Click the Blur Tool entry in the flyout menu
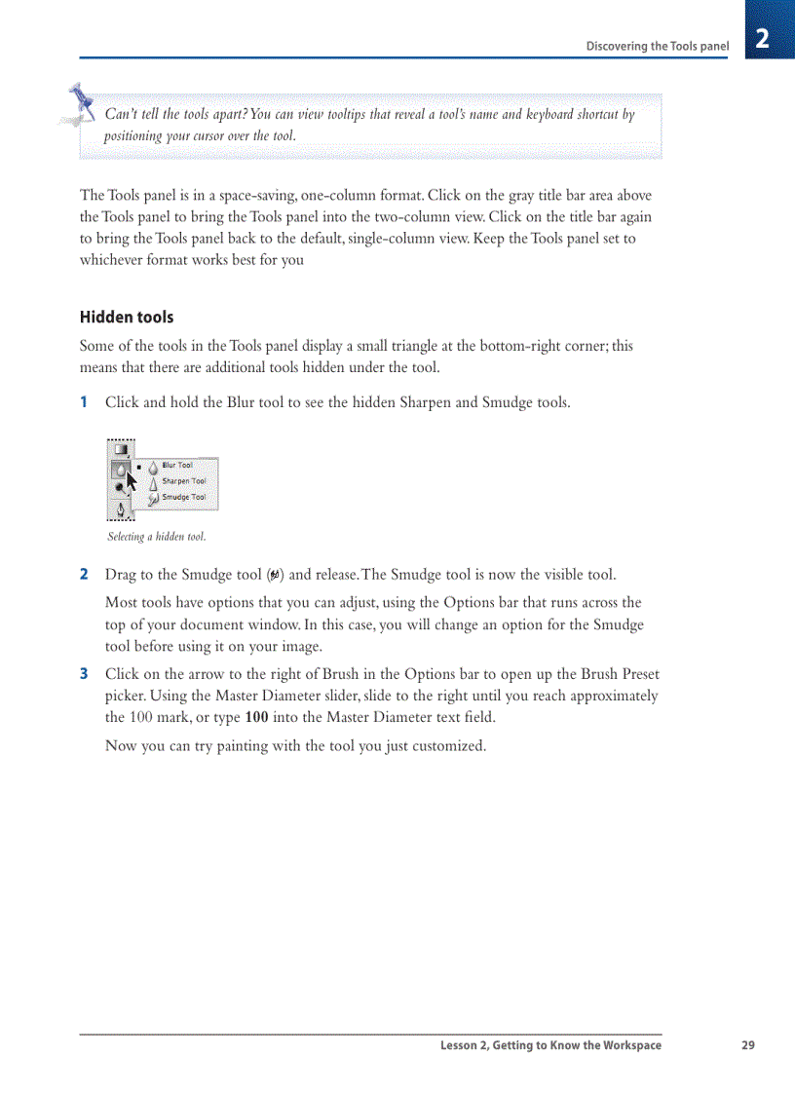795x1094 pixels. [x=176, y=466]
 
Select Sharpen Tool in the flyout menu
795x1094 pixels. [x=182, y=481]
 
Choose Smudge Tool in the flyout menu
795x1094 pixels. [x=182, y=497]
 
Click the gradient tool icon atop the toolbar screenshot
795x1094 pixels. [x=120, y=450]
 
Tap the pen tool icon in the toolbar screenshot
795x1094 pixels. [x=120, y=509]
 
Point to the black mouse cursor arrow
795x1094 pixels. [x=132, y=482]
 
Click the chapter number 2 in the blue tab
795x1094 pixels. [x=762, y=39]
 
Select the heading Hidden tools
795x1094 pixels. [x=127, y=318]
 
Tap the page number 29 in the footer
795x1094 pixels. [x=747, y=1045]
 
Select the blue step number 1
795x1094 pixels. [x=84, y=402]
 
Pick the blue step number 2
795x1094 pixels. [x=84, y=575]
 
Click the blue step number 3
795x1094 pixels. [x=84, y=674]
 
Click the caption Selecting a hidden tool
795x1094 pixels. [x=156, y=537]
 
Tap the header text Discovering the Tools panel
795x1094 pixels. [x=657, y=46]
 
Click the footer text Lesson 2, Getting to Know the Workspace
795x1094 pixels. [x=550, y=1045]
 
